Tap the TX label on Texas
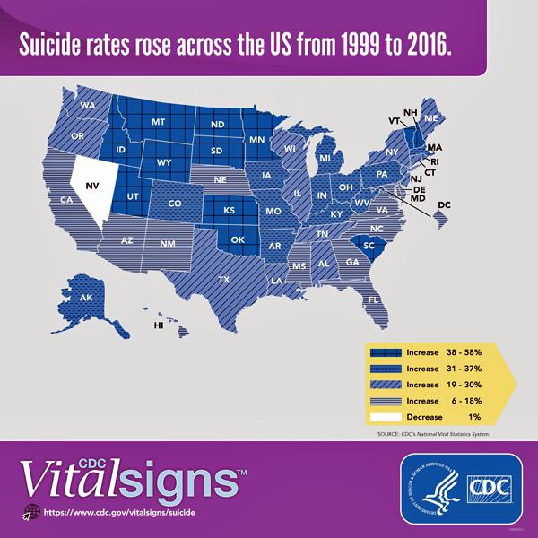pos(223,280)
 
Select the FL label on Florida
pos(372,299)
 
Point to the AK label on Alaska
pos(87,298)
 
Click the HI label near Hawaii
pos(159,325)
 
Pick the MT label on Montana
pos(159,121)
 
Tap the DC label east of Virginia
pos(443,205)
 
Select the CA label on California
pos(66,200)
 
